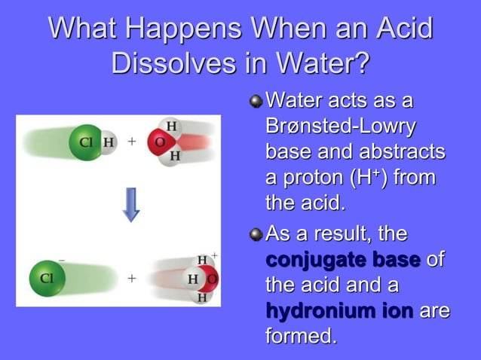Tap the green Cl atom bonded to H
pyautogui.click(x=84, y=142)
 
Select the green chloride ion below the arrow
pyautogui.click(x=46, y=277)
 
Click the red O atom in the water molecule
pyautogui.click(x=160, y=142)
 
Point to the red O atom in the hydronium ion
pyautogui.click(x=212, y=279)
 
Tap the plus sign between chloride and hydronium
pyautogui.click(x=131, y=278)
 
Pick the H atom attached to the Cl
pyautogui.click(x=109, y=142)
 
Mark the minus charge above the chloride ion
pyautogui.click(x=61, y=260)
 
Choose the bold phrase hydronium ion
pyautogui.click(x=339, y=310)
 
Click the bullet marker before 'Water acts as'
pyautogui.click(x=256, y=100)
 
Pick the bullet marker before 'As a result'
pyautogui.click(x=256, y=235)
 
